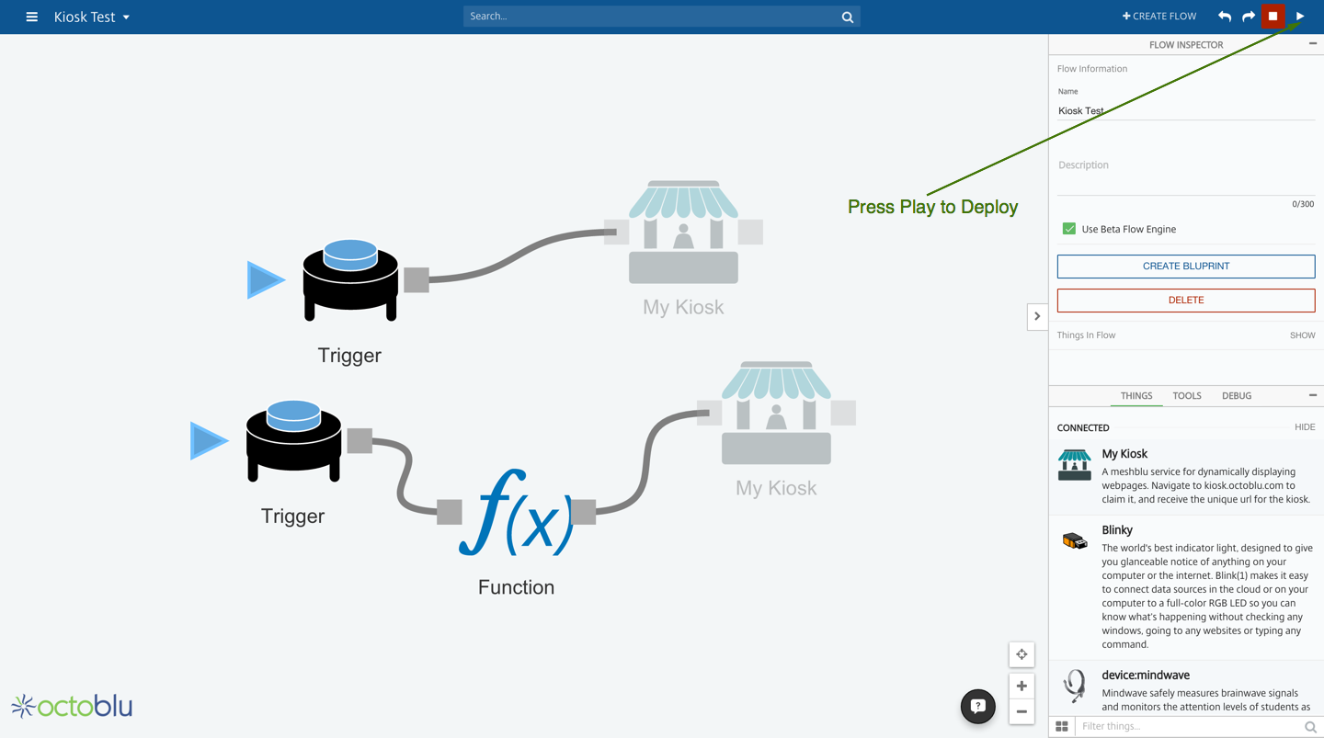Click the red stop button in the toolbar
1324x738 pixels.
coord(1273,16)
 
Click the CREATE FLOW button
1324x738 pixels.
coord(1159,16)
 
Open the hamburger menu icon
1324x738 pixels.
coord(31,17)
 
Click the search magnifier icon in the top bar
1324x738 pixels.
coord(847,17)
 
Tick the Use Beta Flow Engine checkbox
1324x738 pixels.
coord(1068,229)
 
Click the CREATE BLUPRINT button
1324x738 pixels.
coord(1185,267)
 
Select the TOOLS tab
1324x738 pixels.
coord(1186,396)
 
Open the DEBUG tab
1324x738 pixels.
coord(1236,396)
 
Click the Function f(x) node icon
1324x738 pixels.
coord(516,513)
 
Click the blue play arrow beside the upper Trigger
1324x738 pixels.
coord(264,280)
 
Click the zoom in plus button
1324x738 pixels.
coord(1022,686)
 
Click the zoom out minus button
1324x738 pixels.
coord(1022,711)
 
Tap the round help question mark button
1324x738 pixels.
coord(977,706)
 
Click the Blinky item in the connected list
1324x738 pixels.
coord(1116,530)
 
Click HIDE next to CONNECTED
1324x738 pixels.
coord(1304,427)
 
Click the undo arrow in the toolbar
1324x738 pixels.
coord(1224,17)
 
